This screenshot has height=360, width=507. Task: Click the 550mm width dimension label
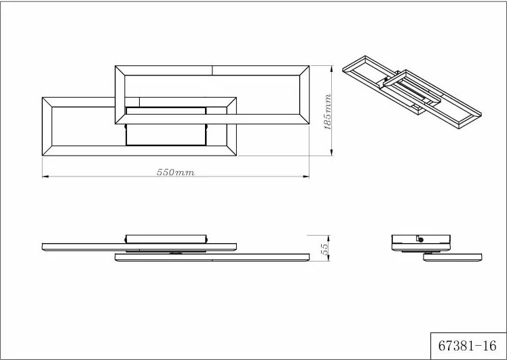[x=176, y=173]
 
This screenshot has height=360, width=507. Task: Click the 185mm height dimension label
[x=328, y=112]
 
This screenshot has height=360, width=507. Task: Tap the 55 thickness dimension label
[x=324, y=248]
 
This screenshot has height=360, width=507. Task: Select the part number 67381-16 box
[x=468, y=346]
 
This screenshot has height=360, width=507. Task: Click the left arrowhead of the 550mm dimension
[x=45, y=177]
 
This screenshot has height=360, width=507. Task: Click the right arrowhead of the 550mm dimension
[x=306, y=177]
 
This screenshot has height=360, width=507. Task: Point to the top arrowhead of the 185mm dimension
[x=331, y=69]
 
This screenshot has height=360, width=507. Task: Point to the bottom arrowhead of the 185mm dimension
[x=331, y=152]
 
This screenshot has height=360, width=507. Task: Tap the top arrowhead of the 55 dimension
[x=328, y=238]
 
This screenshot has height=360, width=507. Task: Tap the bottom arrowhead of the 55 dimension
[x=328, y=257]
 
